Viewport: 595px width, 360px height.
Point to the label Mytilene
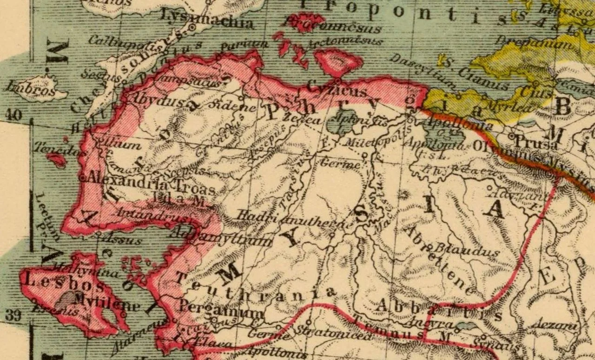pos(107,302)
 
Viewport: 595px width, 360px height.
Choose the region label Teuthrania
pos(256,288)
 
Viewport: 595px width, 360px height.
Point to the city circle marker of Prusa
pos(512,137)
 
